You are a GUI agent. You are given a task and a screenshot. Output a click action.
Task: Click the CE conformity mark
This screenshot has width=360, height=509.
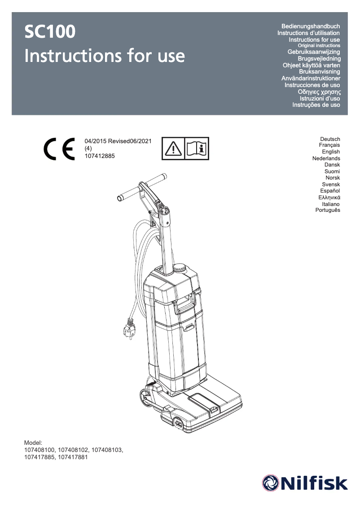(59, 149)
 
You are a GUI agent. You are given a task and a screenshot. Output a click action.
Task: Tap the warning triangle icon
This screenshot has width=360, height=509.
(173, 149)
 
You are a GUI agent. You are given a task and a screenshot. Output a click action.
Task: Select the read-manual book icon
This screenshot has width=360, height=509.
(197, 149)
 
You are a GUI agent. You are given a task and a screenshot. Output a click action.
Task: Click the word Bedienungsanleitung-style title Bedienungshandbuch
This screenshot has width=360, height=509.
(310, 26)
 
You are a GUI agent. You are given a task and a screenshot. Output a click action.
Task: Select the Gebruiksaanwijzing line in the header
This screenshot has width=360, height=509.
(313, 53)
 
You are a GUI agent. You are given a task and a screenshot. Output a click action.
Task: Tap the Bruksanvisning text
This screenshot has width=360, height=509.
(319, 72)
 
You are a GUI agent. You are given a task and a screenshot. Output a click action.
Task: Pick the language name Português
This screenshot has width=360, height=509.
(328, 210)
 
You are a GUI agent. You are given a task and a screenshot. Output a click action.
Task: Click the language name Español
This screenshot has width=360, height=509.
(329, 191)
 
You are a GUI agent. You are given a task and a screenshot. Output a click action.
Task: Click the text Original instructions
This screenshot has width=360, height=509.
(319, 46)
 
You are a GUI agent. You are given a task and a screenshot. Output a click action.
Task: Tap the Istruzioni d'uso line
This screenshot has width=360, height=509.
(319, 98)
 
